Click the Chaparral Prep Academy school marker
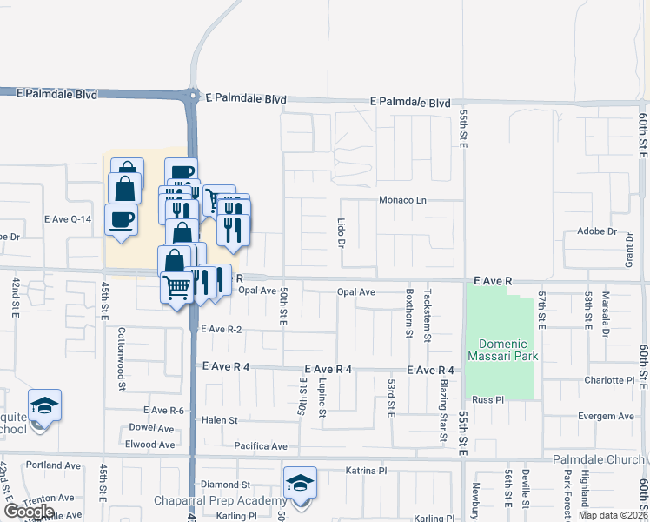coord(300,484)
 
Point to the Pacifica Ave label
coord(261,446)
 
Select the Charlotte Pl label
coord(609,380)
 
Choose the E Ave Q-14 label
coord(67,219)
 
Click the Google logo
coord(29,512)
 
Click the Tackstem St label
coord(428,314)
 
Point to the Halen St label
coord(219,420)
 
